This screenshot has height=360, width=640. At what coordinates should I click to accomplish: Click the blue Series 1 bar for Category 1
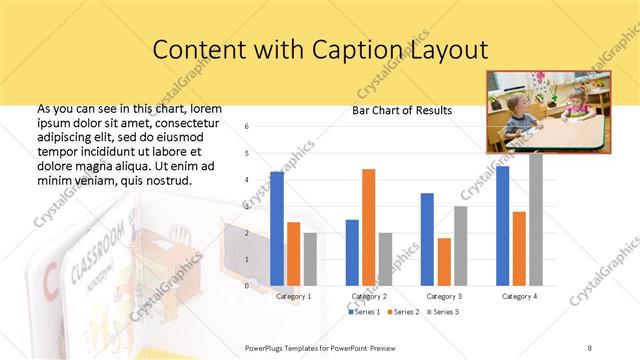point(277,229)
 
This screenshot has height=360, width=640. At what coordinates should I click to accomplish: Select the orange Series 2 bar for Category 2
point(368,227)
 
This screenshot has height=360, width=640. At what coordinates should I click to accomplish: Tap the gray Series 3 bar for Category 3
point(460,246)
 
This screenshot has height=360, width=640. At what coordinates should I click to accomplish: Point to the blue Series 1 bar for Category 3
point(427,239)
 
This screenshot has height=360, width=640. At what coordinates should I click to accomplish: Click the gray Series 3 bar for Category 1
point(310,259)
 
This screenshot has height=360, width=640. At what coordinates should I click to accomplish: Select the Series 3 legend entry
point(444,313)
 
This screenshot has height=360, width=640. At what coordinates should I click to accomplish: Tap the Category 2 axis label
point(368,296)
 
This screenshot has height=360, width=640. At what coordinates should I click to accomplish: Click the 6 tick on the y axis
point(247,127)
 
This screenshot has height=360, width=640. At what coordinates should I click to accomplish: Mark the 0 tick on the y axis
point(247,286)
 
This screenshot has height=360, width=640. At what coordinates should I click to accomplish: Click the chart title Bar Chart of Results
point(402,110)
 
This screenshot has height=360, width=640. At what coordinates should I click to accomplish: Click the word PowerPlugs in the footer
point(267,346)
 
